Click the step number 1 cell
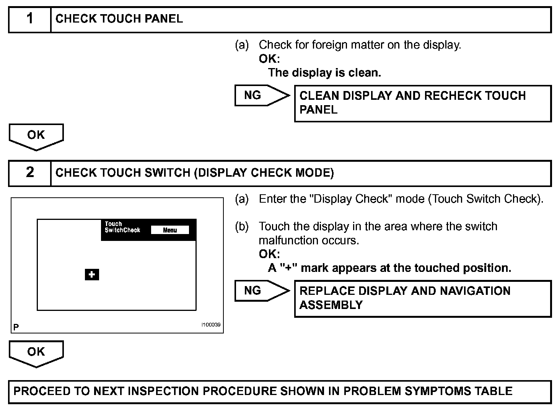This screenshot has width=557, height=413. tap(30, 19)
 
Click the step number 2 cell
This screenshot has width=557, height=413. tap(30, 173)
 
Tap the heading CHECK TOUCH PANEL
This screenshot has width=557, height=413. tap(119, 19)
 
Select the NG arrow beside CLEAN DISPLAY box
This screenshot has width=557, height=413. tap(262, 95)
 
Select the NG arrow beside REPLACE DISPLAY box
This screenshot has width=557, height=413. tap(262, 291)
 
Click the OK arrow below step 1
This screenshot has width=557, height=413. tap(36, 136)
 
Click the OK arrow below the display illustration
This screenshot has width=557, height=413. tap(36, 353)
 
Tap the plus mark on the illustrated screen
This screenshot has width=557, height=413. tap(92, 275)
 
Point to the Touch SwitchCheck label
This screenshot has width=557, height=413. tap(122, 227)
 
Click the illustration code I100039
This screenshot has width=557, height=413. tap(211, 325)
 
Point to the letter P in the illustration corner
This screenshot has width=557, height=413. tap(16, 327)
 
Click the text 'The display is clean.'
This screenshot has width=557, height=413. tap(324, 73)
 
